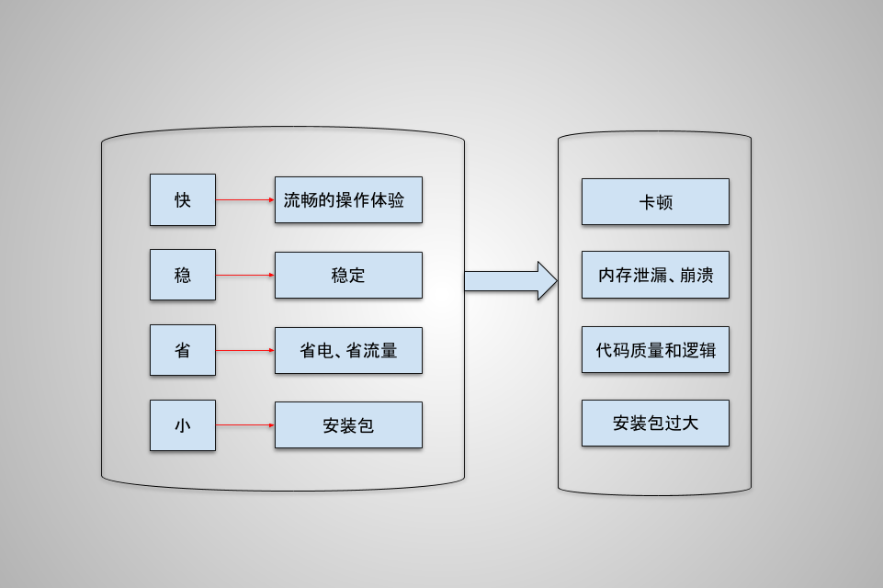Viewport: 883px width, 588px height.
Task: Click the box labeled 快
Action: coord(183,199)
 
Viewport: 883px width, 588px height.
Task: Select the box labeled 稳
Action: coord(183,275)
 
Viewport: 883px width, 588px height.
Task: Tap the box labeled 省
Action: coord(183,350)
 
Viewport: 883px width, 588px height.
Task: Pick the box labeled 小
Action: coord(183,425)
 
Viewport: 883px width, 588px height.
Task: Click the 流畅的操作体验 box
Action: coord(348,199)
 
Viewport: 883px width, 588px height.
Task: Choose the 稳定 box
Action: coord(348,275)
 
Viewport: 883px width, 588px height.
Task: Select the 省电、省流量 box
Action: coord(348,350)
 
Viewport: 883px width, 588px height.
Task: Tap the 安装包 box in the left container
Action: coord(348,425)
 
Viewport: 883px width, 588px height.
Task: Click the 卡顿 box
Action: coord(655,202)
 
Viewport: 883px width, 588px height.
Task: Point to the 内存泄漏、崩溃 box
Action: coord(655,275)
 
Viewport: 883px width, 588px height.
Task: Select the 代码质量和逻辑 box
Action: coord(655,350)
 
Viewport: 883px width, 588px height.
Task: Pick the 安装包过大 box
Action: coord(655,424)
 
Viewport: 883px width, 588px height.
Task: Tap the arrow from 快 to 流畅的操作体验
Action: coord(244,199)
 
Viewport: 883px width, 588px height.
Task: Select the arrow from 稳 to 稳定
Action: coord(244,275)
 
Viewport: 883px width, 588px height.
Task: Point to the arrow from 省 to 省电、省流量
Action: coord(244,350)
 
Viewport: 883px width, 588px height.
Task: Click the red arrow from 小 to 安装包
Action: coord(244,425)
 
